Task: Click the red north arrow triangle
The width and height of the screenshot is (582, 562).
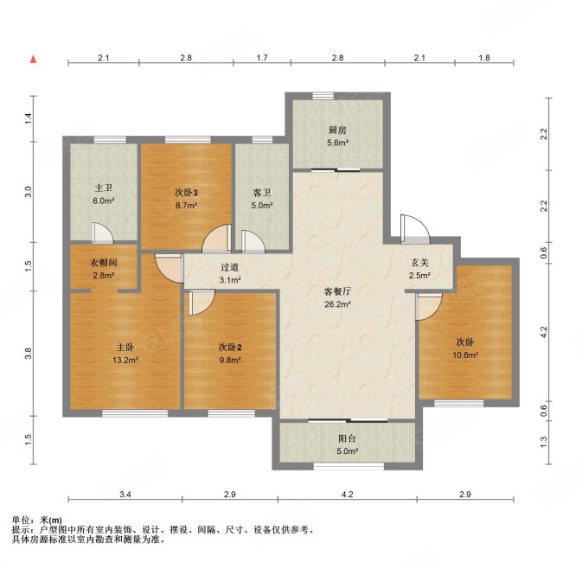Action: pyautogui.click(x=34, y=59)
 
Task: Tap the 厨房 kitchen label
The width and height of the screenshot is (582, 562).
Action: pyautogui.click(x=337, y=131)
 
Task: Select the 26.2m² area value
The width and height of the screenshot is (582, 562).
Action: pyautogui.click(x=337, y=304)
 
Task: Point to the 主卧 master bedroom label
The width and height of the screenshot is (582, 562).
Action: pyautogui.click(x=125, y=347)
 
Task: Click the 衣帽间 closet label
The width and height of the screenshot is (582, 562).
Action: pyautogui.click(x=104, y=263)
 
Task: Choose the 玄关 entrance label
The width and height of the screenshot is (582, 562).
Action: pyautogui.click(x=419, y=263)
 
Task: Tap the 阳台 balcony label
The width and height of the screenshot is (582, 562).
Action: pyautogui.click(x=347, y=438)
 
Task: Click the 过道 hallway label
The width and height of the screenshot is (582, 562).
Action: pyautogui.click(x=229, y=267)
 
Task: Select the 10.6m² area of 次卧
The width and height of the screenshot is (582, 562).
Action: pyautogui.click(x=465, y=354)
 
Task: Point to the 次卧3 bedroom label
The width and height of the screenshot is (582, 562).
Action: pyautogui.click(x=186, y=193)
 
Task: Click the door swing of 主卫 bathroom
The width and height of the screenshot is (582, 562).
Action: pyautogui.click(x=102, y=232)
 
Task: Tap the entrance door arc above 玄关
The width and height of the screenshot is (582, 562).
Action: pyautogui.click(x=415, y=228)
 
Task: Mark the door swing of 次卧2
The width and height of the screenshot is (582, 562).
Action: pyautogui.click(x=201, y=303)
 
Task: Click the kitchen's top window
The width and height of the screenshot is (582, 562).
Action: pyautogui.click(x=323, y=96)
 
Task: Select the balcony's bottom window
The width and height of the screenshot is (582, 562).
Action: pyautogui.click(x=349, y=466)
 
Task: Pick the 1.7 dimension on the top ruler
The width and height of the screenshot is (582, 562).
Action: pyautogui.click(x=262, y=58)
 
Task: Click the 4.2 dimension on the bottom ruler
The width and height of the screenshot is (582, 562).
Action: pyautogui.click(x=348, y=495)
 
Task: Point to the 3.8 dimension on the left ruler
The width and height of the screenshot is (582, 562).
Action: pyautogui.click(x=29, y=353)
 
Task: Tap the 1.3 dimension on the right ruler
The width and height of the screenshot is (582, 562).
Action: pyautogui.click(x=543, y=442)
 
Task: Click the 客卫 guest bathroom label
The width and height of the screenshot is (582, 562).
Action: pyautogui.click(x=262, y=193)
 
